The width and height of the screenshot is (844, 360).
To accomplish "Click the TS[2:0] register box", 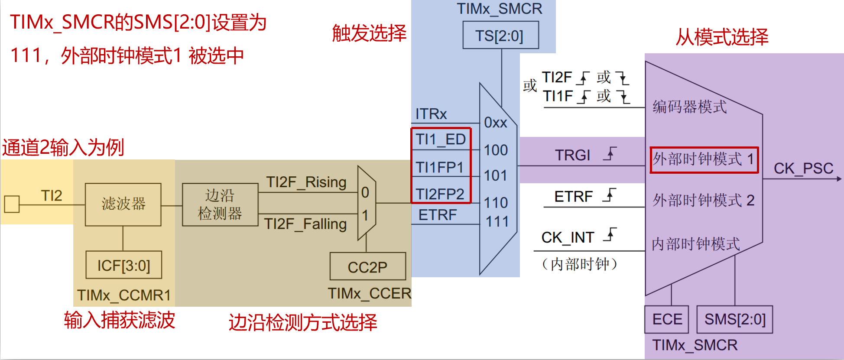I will click(x=500, y=36).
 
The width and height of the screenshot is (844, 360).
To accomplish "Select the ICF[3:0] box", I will click(x=123, y=265).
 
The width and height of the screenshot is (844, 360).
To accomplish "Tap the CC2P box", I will click(x=367, y=267).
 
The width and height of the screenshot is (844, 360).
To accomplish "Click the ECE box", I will click(x=667, y=319).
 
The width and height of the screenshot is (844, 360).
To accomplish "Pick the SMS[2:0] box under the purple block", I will click(x=735, y=319).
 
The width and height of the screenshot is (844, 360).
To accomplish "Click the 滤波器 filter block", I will click(x=123, y=204).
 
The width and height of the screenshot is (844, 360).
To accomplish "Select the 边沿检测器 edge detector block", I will click(x=220, y=204).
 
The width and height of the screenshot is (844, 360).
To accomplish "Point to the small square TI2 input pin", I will click(x=12, y=204).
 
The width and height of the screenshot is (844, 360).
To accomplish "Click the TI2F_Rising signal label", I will click(x=306, y=182).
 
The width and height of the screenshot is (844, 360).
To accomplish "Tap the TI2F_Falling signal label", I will click(x=305, y=224).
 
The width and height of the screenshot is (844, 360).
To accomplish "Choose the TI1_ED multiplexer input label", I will click(x=440, y=139).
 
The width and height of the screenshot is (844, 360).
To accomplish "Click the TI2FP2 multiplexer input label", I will click(x=440, y=194).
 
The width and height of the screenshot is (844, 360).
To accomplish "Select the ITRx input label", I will click(x=431, y=114).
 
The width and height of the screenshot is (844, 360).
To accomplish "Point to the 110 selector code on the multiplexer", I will click(x=496, y=202).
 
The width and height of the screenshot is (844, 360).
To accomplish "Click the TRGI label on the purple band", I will click(x=573, y=155).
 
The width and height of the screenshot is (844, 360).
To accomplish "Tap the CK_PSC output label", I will click(x=803, y=168).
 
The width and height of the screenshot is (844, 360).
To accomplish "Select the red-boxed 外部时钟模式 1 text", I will click(x=704, y=159).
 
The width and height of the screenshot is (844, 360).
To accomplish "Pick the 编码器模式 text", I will click(x=689, y=107).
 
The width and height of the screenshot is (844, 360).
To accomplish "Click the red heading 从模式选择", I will click(x=722, y=37).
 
